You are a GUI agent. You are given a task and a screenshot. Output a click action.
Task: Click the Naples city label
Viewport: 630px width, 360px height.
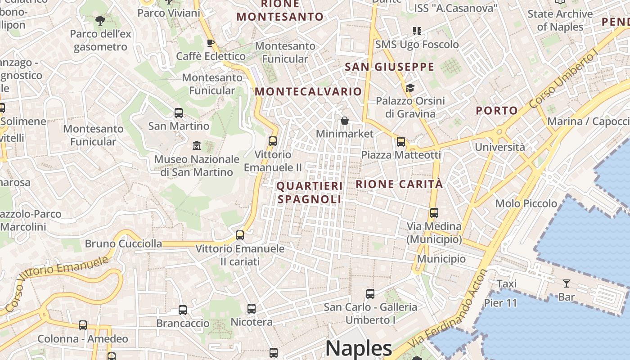359,348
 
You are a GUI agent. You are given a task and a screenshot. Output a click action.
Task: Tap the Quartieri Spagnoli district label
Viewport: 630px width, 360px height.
310,192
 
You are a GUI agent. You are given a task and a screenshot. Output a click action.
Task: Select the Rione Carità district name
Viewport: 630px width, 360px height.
399,184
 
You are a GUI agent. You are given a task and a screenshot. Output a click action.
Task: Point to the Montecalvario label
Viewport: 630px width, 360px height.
308,91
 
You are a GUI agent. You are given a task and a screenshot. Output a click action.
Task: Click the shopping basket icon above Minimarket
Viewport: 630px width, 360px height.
345,121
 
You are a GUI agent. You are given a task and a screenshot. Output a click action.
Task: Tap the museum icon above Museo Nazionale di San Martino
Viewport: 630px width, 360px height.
197,146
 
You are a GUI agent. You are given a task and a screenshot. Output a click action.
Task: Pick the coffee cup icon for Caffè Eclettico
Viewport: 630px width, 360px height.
210,43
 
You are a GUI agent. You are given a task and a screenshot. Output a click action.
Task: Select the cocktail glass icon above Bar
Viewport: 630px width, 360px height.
566,283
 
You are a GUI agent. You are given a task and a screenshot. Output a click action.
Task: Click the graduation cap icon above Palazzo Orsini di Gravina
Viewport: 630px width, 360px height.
410,87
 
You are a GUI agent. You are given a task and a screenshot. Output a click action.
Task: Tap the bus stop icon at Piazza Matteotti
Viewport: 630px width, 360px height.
401,141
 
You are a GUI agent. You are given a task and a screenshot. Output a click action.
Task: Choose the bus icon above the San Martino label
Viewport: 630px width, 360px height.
179,112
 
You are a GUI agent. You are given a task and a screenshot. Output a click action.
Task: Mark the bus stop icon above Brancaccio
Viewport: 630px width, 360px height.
182,310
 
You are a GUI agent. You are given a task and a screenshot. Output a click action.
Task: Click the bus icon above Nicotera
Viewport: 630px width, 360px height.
252,308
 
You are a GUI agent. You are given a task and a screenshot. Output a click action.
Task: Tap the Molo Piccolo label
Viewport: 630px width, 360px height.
526,203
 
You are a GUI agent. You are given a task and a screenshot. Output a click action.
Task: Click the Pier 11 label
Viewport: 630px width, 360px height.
500,303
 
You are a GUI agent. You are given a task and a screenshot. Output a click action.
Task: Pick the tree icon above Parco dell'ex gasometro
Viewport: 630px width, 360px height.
100,20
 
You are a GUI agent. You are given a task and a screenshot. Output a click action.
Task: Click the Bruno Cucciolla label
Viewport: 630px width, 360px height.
123,244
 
